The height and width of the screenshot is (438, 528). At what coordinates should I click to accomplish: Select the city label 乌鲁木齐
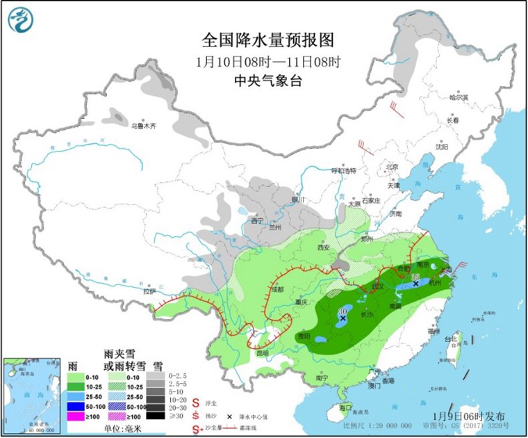click(145, 126)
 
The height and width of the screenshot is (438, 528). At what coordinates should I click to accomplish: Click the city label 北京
click(393, 167)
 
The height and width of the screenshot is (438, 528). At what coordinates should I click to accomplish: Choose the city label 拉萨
click(150, 292)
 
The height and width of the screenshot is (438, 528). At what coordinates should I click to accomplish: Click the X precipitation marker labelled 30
click(343, 318)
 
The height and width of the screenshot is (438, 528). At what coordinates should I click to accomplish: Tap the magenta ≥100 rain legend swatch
click(76, 416)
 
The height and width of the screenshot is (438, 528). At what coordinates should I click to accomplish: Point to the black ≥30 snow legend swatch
click(158, 416)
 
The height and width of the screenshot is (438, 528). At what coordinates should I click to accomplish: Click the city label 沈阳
click(442, 147)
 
